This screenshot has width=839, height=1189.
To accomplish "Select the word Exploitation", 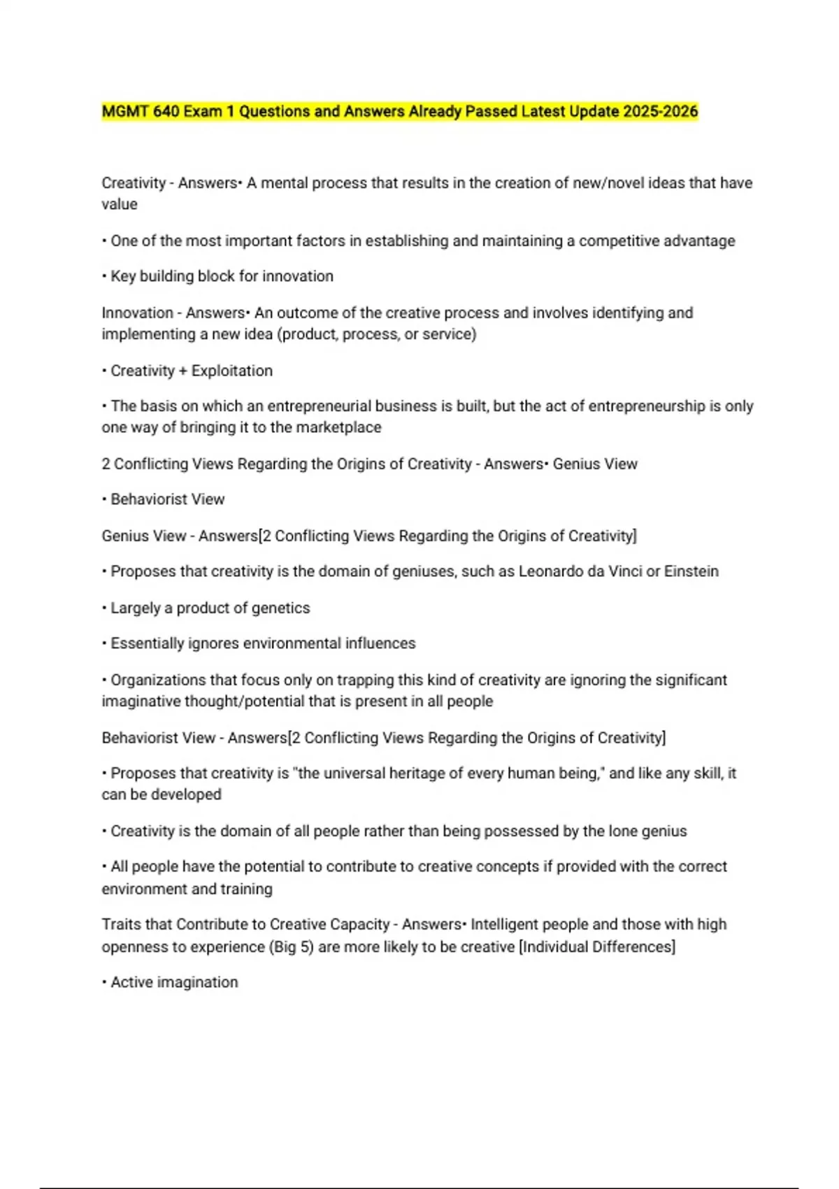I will click(x=232, y=371).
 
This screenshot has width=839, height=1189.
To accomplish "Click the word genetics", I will click(x=280, y=608).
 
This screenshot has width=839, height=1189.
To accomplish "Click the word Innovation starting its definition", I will click(x=137, y=313).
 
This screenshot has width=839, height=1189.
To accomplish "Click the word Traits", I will click(x=121, y=925).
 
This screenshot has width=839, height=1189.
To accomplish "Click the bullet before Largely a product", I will click(x=104, y=608).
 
